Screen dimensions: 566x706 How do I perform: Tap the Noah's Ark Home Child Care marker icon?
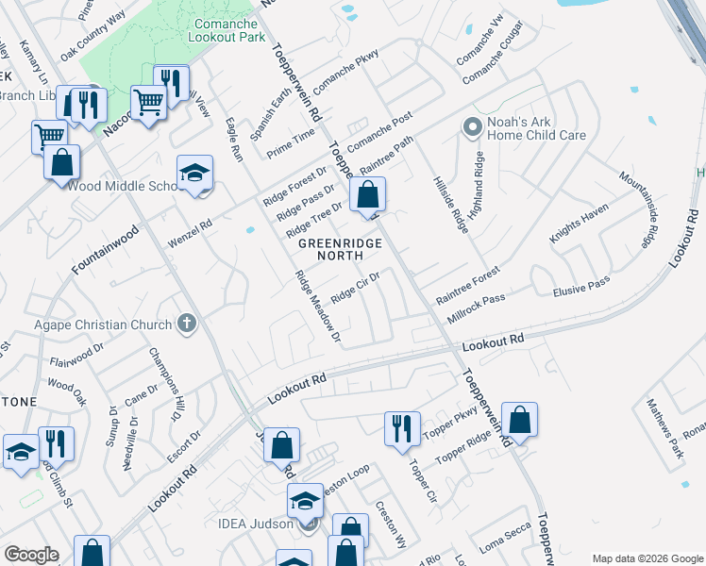[472, 125]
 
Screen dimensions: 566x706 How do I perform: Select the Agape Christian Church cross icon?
[187, 325]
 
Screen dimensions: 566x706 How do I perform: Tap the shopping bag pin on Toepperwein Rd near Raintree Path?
[367, 195]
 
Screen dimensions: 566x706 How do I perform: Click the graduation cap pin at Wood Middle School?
[194, 173]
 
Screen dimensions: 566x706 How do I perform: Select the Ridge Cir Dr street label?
[355, 288]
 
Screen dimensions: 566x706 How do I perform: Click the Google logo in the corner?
[31, 555]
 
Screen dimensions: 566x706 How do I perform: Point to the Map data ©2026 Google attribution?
[647, 558]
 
